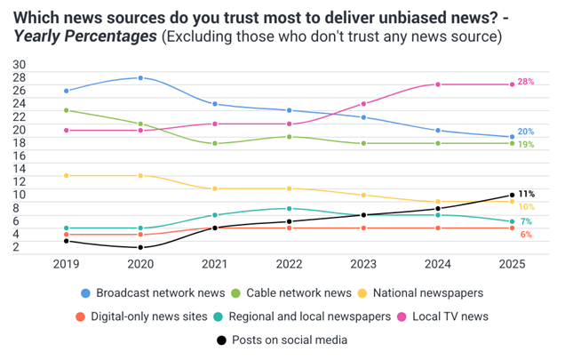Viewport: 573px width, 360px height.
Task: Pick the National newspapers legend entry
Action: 420,292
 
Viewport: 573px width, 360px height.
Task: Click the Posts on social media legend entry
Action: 282,340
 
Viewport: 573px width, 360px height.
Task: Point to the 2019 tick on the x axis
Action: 66,264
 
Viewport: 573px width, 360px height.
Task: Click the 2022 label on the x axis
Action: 289,264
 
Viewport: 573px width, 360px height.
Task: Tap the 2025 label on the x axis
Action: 512,264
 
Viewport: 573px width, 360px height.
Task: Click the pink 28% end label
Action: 525,82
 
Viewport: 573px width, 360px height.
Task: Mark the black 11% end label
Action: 526,194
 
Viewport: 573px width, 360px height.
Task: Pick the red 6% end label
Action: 526,235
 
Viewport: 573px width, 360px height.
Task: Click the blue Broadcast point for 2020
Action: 140,78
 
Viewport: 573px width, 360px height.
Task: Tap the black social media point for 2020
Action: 140,248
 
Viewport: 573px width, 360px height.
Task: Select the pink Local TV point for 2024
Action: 437,84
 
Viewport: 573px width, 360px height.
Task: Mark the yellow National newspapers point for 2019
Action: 66,176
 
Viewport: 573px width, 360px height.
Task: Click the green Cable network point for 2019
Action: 66,110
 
